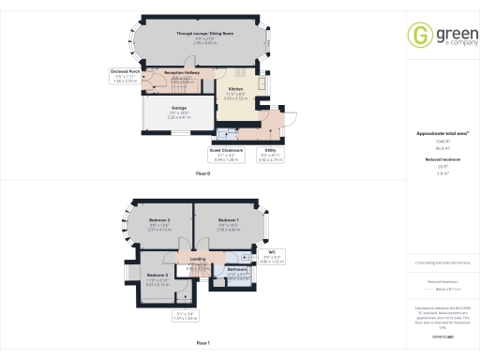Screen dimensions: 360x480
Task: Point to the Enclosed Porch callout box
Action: pyautogui.click(x=126, y=76)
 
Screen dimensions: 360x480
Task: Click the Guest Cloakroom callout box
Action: pyautogui.click(x=226, y=156)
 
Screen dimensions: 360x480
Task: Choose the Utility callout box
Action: pyautogui.click(x=270, y=156)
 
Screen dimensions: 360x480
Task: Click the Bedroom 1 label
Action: pyautogui.click(x=229, y=219)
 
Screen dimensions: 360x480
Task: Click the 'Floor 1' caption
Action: pyautogui.click(x=203, y=344)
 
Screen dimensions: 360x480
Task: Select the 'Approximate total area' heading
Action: pyautogui.click(x=442, y=133)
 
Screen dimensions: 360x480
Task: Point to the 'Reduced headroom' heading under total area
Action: pyautogui.click(x=442, y=160)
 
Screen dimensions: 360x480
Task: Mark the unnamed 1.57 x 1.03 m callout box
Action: pyautogui.click(x=187, y=317)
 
